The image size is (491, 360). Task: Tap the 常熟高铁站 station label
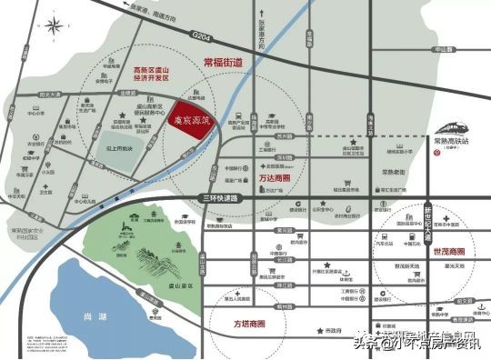click(x=451, y=143)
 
